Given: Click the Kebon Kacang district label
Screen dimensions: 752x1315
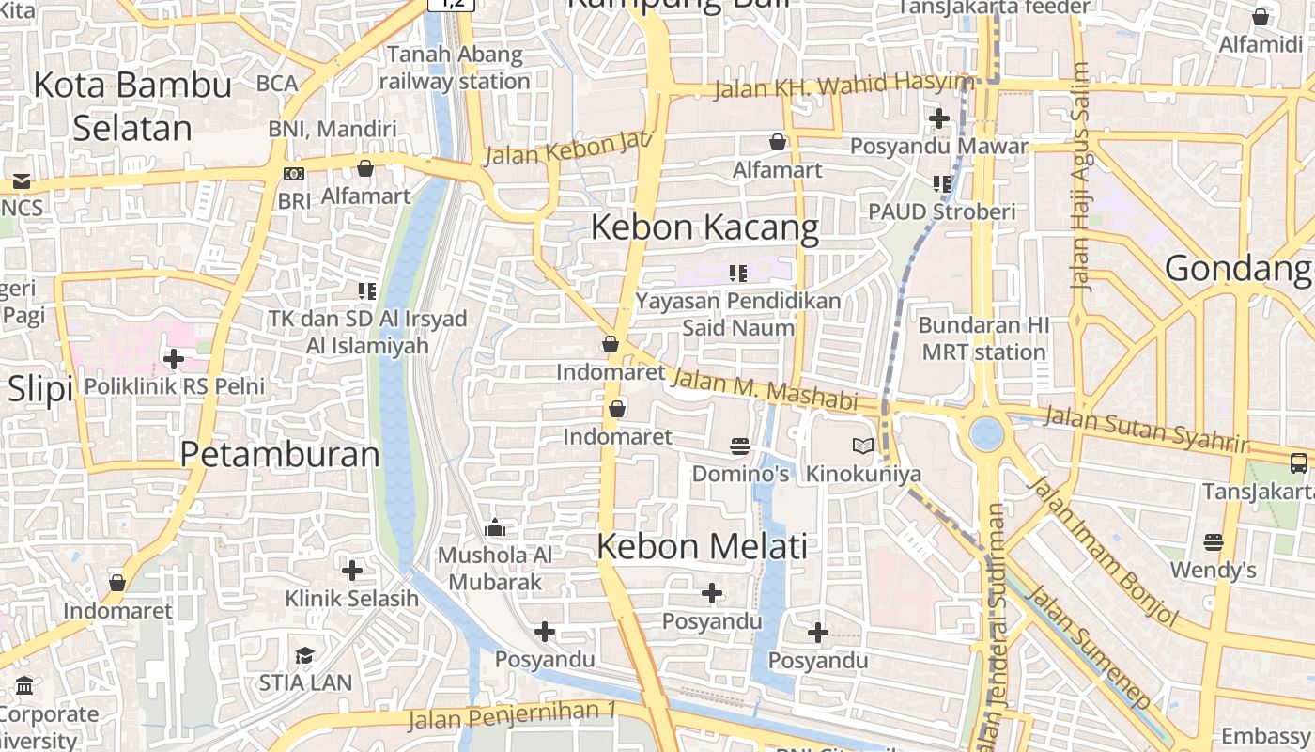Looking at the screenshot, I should (704, 227).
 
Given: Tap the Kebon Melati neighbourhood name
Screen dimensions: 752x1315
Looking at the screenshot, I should (702, 546).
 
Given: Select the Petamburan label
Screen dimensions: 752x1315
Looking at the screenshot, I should (280, 455).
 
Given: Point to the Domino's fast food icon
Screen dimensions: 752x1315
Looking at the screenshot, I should (740, 446).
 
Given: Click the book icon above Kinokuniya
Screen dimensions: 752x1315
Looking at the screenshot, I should (862, 446).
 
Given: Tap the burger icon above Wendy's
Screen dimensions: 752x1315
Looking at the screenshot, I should (1214, 542).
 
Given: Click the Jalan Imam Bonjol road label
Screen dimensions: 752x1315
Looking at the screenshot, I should (1103, 551).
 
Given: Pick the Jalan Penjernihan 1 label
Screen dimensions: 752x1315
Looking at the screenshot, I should (512, 715).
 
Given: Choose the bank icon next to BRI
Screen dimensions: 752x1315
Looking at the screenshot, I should (294, 174).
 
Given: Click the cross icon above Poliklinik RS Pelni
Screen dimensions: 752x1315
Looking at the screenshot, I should (174, 358).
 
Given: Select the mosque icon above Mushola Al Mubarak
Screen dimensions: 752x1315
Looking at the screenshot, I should (495, 528).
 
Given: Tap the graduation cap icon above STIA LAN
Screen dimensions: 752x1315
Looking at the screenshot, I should (305, 655).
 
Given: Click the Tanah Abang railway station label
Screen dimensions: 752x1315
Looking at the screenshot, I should (455, 68).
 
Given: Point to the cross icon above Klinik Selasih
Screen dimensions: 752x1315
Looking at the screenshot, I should (352, 571).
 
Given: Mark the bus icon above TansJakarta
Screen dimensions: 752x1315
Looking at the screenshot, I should (1298, 462).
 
